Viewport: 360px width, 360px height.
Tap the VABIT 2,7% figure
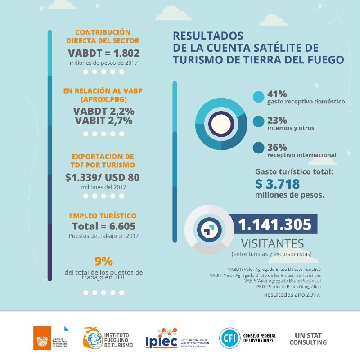[103, 121]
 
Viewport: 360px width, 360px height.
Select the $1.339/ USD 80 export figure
[103, 177]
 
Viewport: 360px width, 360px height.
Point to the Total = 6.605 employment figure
[103, 226]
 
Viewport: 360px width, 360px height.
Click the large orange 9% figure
[103, 261]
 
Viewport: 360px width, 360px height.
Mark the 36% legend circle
[258, 148]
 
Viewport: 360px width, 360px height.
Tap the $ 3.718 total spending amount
[277, 184]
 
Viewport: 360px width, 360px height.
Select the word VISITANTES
[273, 244]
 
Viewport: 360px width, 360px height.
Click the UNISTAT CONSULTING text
[310, 339]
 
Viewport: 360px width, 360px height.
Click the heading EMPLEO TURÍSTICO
[103, 216]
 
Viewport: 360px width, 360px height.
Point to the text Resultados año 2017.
[292, 295]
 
